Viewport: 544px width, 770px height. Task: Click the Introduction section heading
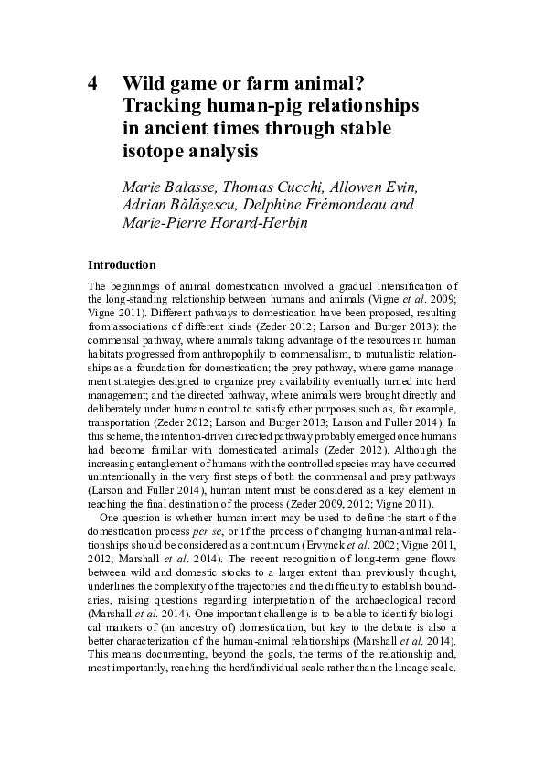point(123,265)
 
